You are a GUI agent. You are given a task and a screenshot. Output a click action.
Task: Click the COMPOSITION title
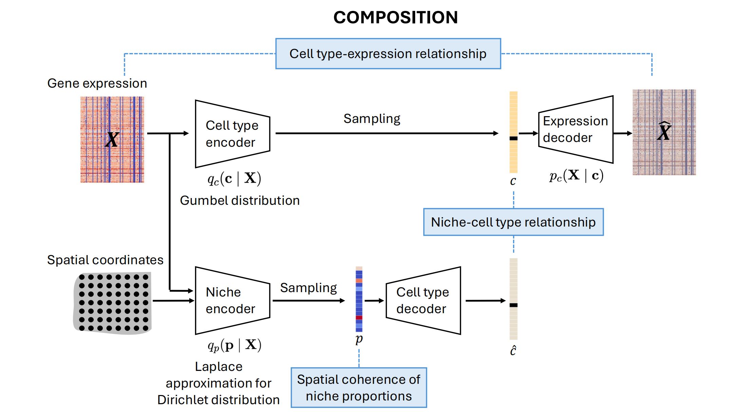pyautogui.click(x=395, y=17)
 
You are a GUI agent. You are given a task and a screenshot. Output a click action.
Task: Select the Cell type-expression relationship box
pyautogui.click(x=388, y=54)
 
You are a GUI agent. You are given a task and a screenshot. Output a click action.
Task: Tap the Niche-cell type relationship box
pyautogui.click(x=513, y=222)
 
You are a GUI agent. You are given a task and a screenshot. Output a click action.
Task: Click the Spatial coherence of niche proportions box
pyautogui.click(x=359, y=388)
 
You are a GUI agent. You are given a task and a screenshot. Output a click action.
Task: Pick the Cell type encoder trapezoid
pyautogui.click(x=232, y=134)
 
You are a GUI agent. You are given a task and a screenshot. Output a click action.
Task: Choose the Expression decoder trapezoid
pyautogui.click(x=576, y=129)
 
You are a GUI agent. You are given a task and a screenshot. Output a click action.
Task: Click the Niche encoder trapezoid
pyautogui.click(x=232, y=301)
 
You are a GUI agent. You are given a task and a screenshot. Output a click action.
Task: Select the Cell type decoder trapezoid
pyautogui.click(x=423, y=301)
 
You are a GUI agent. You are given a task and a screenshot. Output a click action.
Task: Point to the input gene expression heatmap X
pyautogui.click(x=112, y=139)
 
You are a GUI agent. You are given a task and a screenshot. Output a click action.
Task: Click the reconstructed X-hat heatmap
pyautogui.click(x=664, y=132)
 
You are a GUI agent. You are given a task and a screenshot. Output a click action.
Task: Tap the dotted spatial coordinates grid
pyautogui.click(x=113, y=302)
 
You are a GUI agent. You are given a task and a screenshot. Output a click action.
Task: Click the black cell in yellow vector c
pyautogui.click(x=513, y=138)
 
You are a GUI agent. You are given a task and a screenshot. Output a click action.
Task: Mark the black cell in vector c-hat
pyautogui.click(x=513, y=305)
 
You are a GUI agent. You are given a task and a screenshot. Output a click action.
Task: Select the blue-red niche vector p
pyautogui.click(x=359, y=300)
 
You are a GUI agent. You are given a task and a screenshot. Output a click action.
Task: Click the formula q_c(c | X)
pyautogui.click(x=234, y=179)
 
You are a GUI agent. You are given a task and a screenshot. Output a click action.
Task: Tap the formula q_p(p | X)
pyautogui.click(x=234, y=345)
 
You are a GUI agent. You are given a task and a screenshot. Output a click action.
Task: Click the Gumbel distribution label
pyautogui.click(x=239, y=200)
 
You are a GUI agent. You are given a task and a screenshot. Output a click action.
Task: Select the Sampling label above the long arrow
pyautogui.click(x=372, y=119)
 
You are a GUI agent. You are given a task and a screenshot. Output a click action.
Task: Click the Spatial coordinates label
pyautogui.click(x=105, y=260)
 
